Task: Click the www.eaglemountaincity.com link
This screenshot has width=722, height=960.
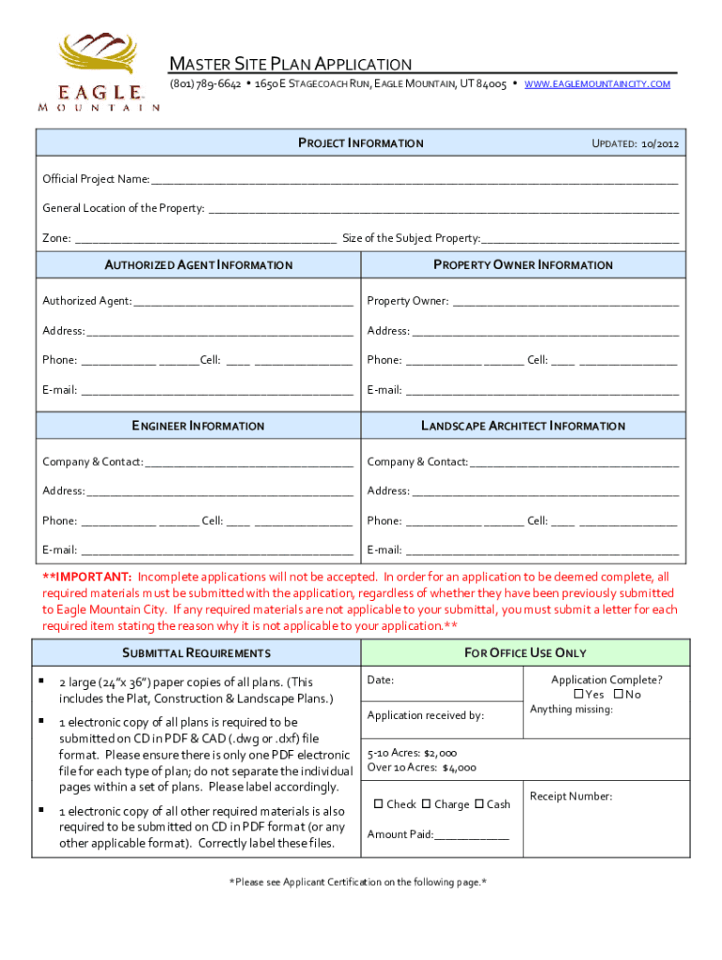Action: click(x=597, y=84)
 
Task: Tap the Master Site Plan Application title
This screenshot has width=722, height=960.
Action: click(x=290, y=64)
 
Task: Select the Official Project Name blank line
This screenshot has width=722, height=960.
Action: click(x=414, y=179)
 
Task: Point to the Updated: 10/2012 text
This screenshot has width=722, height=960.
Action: click(x=635, y=143)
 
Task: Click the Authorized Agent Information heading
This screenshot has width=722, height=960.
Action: click(x=198, y=265)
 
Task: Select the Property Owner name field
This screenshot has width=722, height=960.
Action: click(x=564, y=302)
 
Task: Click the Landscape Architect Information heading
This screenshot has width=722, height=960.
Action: click(x=522, y=426)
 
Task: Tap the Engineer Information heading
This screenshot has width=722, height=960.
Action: click(x=198, y=426)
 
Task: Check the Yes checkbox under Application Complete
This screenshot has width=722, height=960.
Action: click(x=579, y=695)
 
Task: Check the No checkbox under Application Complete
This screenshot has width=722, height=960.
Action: click(x=619, y=695)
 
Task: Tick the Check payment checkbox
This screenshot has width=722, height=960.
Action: click(x=379, y=804)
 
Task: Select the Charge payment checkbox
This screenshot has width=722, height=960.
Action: click(x=427, y=804)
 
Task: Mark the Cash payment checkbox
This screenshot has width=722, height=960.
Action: click(x=479, y=804)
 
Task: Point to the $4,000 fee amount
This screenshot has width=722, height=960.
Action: click(x=459, y=767)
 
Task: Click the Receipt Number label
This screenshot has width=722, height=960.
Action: click(x=570, y=796)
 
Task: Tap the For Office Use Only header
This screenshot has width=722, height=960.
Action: click(x=524, y=652)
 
